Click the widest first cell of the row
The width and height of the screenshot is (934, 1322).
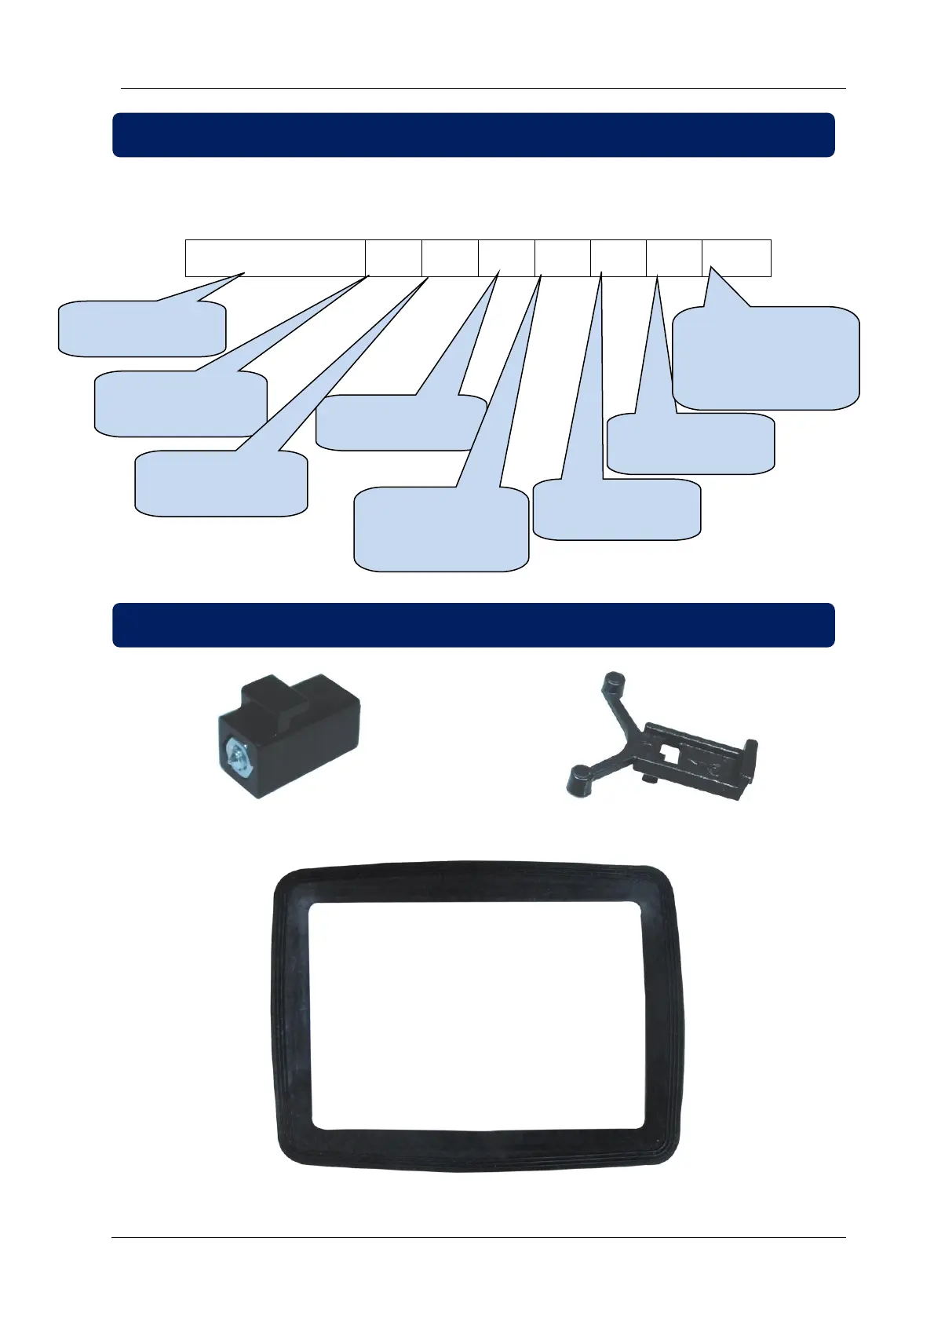(x=275, y=257)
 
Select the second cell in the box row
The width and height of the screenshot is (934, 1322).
(x=393, y=257)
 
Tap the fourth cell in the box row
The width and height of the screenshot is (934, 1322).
(x=506, y=257)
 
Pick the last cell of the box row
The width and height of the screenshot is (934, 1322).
(x=736, y=257)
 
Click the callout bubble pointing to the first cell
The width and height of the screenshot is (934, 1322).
(x=142, y=328)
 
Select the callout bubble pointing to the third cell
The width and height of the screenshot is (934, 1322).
(x=221, y=484)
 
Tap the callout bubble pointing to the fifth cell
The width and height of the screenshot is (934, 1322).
(x=440, y=529)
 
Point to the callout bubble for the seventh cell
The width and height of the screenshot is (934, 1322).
(x=691, y=444)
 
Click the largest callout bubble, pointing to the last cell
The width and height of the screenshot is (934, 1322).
(x=765, y=358)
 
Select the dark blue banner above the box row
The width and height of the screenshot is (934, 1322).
(x=473, y=135)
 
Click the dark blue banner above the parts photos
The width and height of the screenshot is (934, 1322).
(x=473, y=625)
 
